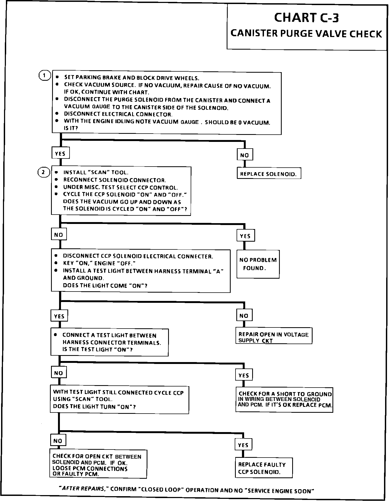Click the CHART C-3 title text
[306, 18]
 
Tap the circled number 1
[44, 75]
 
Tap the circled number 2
[44, 172]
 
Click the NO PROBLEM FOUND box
[258, 264]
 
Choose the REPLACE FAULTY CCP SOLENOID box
[264, 468]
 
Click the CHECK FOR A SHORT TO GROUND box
[284, 400]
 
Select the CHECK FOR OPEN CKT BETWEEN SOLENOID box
[98, 465]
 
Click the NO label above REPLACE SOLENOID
[245, 155]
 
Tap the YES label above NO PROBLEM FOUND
[245, 236]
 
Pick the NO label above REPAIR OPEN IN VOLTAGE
[244, 316]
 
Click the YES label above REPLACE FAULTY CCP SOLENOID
[243, 445]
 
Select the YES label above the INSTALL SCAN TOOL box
[60, 153]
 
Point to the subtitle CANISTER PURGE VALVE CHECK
[306, 34]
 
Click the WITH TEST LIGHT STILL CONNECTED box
[120, 400]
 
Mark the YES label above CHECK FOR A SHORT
[244, 375]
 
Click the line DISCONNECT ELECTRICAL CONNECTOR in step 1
[118, 114]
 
